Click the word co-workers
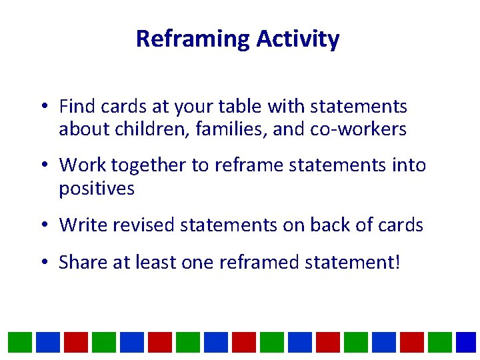(358, 129)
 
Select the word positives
(97, 189)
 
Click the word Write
(83, 225)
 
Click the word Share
(83, 262)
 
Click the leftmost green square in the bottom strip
(19, 343)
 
